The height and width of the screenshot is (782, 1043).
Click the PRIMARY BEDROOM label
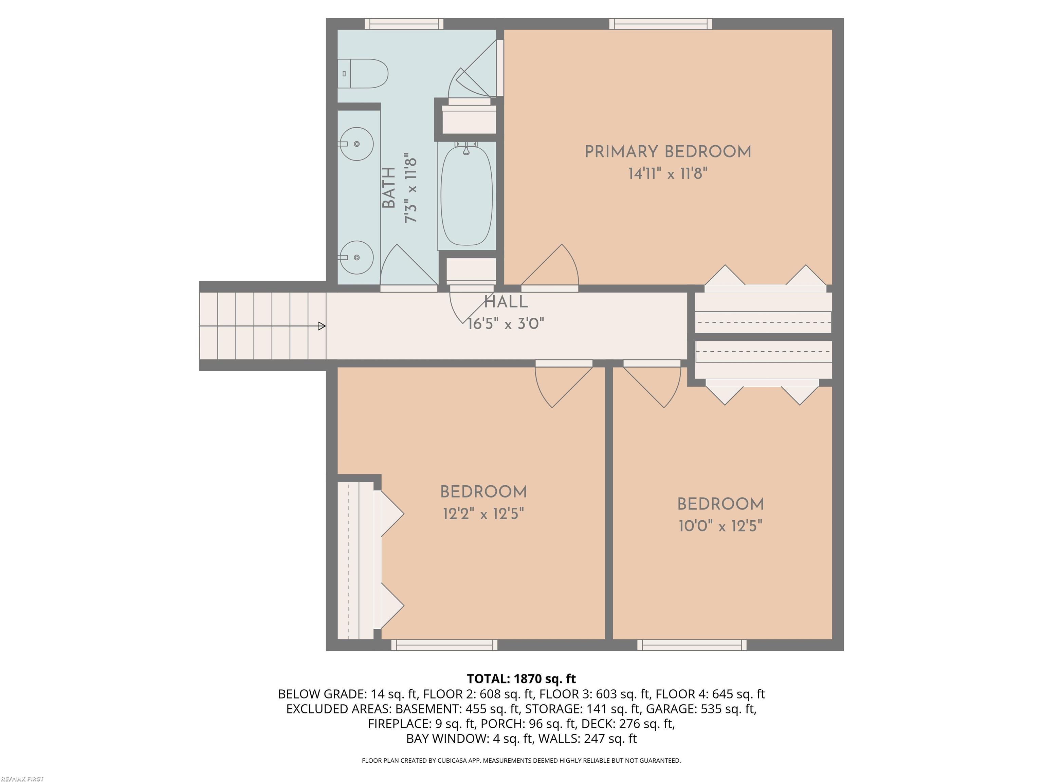(668, 152)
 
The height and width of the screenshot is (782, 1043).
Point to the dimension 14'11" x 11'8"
(668, 174)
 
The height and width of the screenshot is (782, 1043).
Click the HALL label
(506, 302)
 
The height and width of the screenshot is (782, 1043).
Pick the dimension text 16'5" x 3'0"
(506, 324)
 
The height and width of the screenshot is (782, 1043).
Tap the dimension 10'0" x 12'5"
(720, 525)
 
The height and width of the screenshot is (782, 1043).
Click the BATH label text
(388, 188)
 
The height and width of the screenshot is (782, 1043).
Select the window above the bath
(404, 23)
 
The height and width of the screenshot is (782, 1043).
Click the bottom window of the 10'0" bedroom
(692, 645)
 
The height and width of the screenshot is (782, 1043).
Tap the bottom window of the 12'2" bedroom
(444, 645)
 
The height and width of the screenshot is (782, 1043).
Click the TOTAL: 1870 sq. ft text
(521, 679)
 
